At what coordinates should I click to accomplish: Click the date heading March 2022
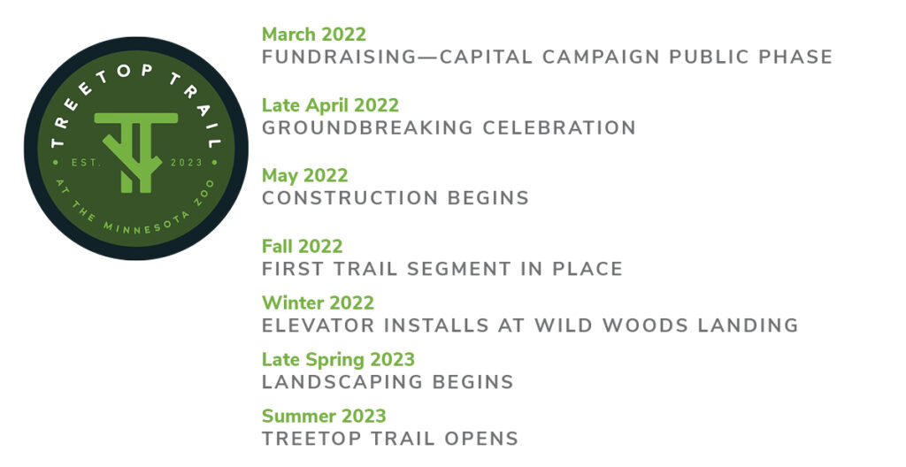(314, 34)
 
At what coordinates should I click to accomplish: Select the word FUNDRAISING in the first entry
(339, 57)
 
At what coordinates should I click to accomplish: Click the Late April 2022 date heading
(330, 105)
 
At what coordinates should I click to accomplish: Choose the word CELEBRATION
(559, 127)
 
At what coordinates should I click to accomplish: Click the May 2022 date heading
(304, 176)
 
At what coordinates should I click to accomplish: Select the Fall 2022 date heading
(303, 246)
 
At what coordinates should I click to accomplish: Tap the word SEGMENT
(459, 269)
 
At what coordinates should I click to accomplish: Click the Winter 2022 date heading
(318, 302)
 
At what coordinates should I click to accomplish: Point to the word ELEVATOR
(318, 325)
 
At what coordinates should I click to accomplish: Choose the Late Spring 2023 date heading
(338, 359)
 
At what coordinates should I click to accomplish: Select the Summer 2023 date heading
(324, 416)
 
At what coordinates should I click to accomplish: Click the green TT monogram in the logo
(136, 151)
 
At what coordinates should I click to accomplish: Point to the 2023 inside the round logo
(186, 163)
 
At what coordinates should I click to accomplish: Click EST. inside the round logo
(87, 163)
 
